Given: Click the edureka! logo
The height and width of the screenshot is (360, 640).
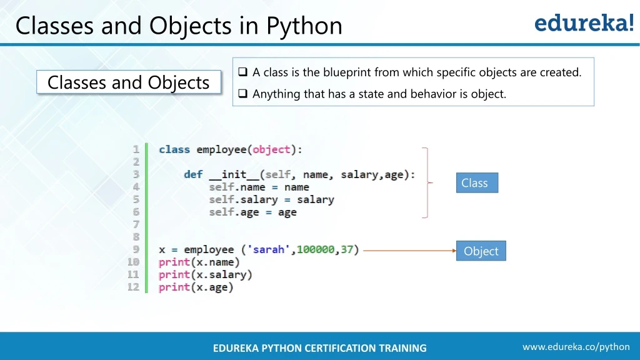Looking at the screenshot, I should click(584, 23).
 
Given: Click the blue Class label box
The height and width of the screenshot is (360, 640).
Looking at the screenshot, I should click(477, 182).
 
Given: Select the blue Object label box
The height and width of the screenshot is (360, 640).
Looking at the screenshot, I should click(481, 251).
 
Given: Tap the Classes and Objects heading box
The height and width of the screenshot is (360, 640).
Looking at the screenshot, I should click(129, 82).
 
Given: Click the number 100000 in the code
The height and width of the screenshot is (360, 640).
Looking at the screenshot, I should click(316, 249).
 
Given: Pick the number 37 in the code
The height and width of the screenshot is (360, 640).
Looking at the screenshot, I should click(347, 249).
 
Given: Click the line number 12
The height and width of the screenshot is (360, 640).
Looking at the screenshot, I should click(133, 287).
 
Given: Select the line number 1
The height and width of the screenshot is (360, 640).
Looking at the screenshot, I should click(136, 149).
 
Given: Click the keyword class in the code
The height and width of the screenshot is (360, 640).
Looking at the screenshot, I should click(174, 149).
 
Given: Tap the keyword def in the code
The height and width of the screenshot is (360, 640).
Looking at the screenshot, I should click(193, 174).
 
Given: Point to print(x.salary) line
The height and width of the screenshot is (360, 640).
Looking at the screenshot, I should click(205, 274).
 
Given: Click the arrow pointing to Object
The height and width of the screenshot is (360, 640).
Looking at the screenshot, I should click(409, 251).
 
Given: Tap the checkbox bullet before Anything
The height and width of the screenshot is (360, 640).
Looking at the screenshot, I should click(242, 94).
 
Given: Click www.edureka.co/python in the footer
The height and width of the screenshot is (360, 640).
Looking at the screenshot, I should click(576, 347).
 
